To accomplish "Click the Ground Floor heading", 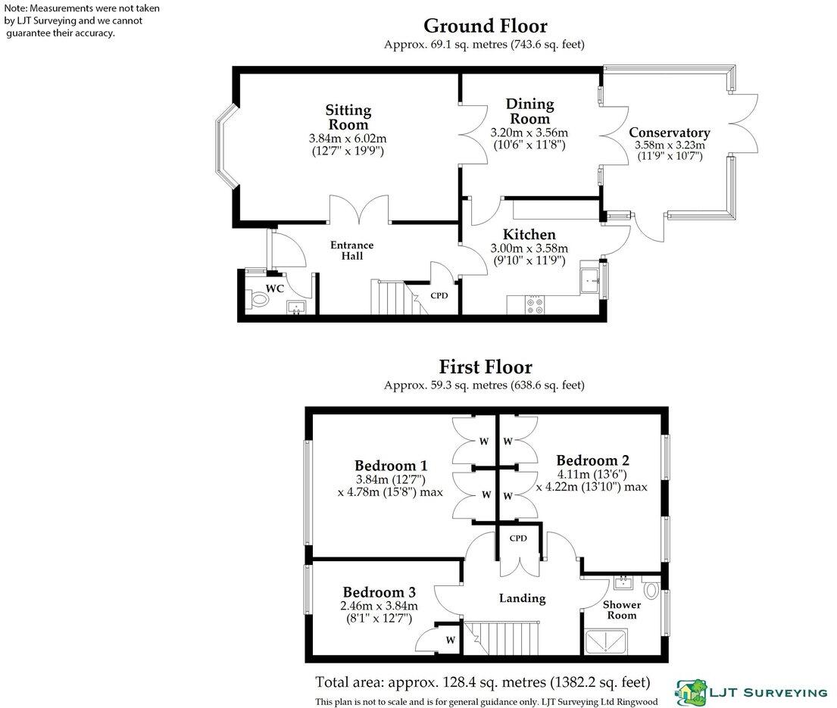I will point(485,27).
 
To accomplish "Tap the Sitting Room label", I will point(348,117).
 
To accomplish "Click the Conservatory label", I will point(670,133).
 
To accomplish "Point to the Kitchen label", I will point(533,235).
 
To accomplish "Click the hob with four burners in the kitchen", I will point(533,304).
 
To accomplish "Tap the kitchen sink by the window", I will point(589,281).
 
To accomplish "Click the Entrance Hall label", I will point(351,250).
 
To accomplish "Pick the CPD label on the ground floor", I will point(439,295).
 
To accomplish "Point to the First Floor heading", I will point(485,367).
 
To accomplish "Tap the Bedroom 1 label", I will point(391,466).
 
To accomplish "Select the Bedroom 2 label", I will point(592,460).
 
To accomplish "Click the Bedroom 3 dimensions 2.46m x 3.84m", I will point(379,606).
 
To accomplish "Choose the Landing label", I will point(522,598).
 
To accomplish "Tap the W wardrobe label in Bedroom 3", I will point(450,641).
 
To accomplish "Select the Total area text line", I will point(482,681).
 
